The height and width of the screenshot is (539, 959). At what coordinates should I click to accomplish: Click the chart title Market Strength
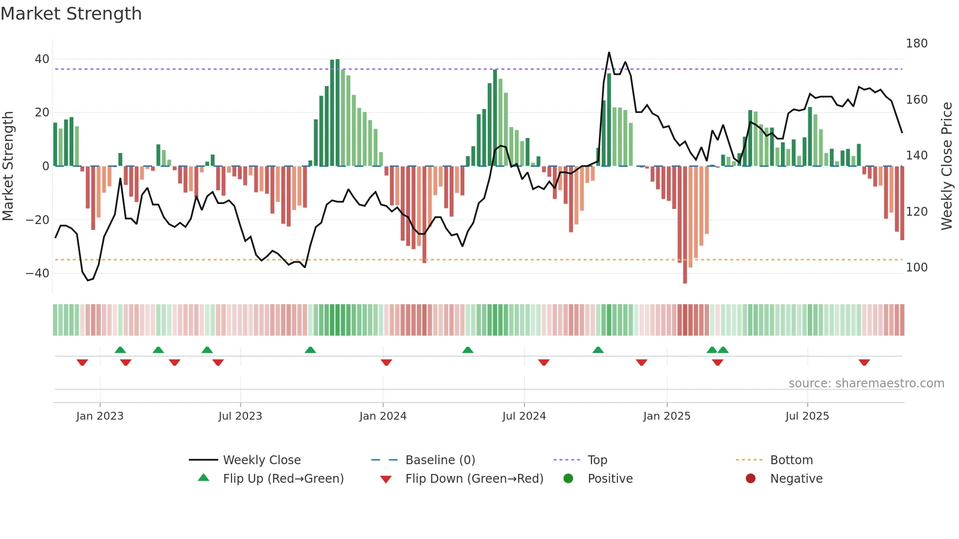71,14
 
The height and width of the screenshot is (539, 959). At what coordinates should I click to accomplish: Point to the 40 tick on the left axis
42,59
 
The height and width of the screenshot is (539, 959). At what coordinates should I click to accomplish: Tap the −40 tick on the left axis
38,273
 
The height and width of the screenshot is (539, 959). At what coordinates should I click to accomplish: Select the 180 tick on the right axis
916,44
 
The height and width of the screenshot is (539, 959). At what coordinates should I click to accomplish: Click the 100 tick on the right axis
916,268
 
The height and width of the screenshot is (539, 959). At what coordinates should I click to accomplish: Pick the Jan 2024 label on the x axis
383,416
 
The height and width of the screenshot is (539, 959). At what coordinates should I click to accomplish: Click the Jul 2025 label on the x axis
807,416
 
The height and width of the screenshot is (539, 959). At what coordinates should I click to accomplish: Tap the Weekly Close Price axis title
947,166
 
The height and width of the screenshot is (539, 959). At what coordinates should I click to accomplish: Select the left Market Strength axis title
8,166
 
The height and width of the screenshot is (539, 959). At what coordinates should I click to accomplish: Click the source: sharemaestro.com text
866,383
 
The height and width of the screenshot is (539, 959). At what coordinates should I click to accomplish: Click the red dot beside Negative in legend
751,479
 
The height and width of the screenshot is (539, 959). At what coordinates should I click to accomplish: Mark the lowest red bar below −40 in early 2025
685,281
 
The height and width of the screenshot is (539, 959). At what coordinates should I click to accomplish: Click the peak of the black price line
609,52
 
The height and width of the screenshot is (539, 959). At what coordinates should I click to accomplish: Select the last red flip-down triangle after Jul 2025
864,362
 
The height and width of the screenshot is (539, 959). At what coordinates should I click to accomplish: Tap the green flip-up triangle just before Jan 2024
310,350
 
